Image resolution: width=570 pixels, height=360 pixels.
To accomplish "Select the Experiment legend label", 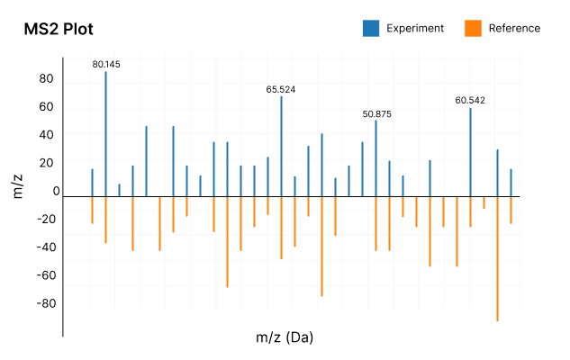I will click(x=415, y=28).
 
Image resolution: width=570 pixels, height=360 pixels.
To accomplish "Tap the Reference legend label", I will click(x=514, y=28).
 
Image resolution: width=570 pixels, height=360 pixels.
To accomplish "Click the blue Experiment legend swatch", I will click(x=371, y=28).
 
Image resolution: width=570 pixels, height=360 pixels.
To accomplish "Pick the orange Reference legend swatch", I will click(x=473, y=28).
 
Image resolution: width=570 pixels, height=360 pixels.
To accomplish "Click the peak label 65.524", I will click(x=281, y=89).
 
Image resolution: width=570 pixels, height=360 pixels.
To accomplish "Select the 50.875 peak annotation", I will click(x=376, y=114).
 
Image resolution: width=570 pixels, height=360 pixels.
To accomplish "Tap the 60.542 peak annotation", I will click(x=470, y=100).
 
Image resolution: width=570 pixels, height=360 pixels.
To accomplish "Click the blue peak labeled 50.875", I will click(x=375, y=157).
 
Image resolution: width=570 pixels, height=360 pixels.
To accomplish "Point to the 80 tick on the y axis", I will click(x=46, y=78).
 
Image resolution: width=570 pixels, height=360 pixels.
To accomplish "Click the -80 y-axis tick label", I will click(x=43, y=303).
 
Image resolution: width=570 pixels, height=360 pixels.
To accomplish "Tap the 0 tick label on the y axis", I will click(x=56, y=191).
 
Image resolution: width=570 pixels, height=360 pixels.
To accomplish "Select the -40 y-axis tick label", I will click(x=43, y=247).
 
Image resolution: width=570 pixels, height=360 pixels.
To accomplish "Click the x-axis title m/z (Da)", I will click(x=285, y=337).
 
